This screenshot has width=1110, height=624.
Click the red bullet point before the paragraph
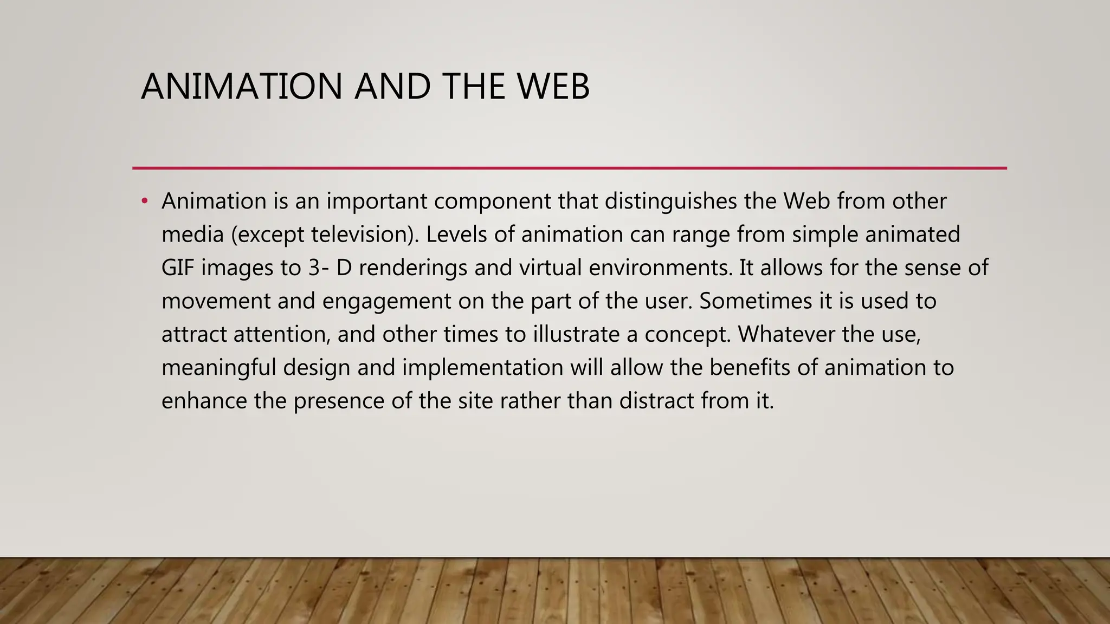click(144, 201)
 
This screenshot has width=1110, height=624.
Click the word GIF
click(178, 268)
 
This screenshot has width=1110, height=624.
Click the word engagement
click(386, 301)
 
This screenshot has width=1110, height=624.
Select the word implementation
click(482, 368)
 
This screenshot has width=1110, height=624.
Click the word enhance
click(204, 401)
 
